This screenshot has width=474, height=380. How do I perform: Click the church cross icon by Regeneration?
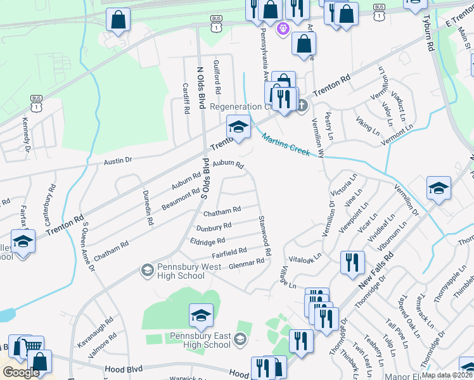[302, 104]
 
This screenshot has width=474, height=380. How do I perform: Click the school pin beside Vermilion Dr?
[439, 188]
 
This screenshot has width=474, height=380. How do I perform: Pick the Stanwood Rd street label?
[264, 236]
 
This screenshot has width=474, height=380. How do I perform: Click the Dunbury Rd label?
[214, 226]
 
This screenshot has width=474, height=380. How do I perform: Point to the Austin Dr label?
[118, 161]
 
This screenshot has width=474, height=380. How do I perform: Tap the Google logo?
[21, 372]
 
